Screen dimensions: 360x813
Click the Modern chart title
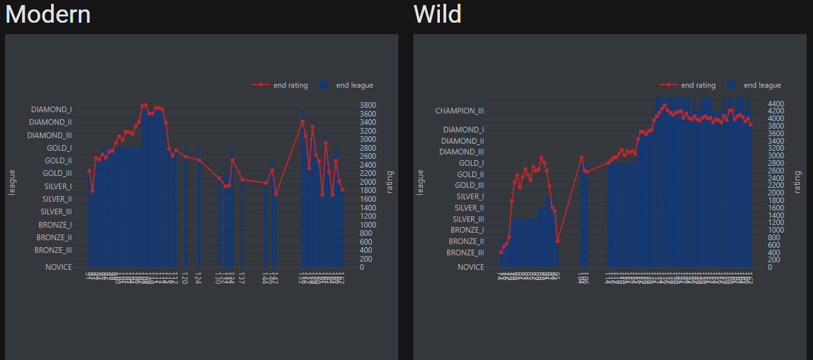[x=48, y=14]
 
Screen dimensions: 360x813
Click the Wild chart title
[x=437, y=14]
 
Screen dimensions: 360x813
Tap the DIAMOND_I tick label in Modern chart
[x=51, y=110]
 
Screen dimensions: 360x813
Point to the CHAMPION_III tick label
[x=459, y=111]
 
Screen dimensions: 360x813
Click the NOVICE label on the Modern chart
[x=59, y=267]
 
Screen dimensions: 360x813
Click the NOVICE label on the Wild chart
[x=471, y=267]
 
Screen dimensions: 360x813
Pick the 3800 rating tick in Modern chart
[x=367, y=105]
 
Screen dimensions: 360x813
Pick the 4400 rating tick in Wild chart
[x=776, y=103]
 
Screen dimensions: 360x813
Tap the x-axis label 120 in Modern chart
[x=185, y=278]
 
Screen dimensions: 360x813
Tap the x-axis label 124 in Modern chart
[x=199, y=278]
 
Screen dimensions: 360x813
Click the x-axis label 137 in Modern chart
[x=243, y=278]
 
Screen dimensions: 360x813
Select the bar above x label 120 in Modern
[x=185, y=208]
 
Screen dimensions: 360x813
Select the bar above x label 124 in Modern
[x=199, y=208]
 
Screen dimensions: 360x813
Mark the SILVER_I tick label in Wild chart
[x=470, y=197]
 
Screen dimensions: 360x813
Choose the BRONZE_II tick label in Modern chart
[x=54, y=238]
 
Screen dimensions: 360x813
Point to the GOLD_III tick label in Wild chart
[x=471, y=185]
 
